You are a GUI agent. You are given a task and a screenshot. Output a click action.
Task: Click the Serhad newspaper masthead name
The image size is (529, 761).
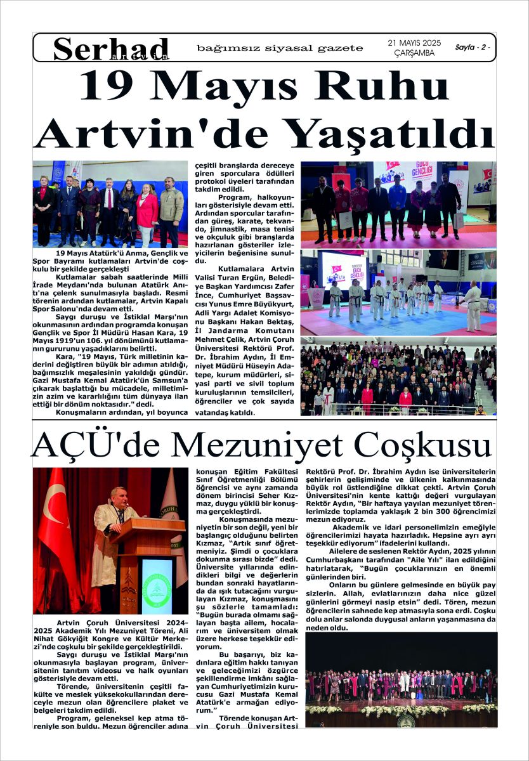112,48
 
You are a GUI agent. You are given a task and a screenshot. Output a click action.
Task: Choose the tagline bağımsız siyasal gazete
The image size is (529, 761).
280,48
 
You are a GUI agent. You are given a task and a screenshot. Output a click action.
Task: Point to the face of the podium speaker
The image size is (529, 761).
119,496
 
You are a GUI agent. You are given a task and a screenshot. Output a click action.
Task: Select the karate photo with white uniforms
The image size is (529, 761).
398,292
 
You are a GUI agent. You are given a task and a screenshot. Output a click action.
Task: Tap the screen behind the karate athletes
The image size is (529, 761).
343,271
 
